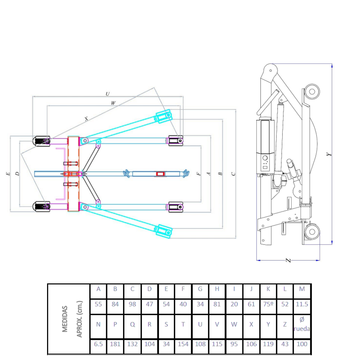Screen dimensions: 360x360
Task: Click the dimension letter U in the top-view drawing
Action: point(108,93)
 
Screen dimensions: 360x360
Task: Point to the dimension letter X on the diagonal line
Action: point(86,119)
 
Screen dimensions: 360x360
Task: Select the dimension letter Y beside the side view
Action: point(329,154)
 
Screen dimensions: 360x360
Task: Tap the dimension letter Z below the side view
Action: point(289,260)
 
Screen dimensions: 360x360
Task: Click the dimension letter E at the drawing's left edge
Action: point(8,174)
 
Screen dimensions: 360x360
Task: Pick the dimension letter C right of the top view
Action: point(233,174)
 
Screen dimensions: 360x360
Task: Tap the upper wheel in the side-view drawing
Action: point(312,91)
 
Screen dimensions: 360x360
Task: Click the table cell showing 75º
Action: point(268,304)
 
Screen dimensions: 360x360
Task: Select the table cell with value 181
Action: point(115,344)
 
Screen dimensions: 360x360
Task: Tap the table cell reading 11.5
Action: point(302,304)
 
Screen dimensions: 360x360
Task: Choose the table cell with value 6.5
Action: point(98,344)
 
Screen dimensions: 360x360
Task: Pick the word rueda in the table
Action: point(302,329)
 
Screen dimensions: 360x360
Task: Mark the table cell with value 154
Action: point(183,344)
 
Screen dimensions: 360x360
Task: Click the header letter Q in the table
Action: point(133,325)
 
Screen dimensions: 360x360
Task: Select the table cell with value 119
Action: point(268,344)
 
